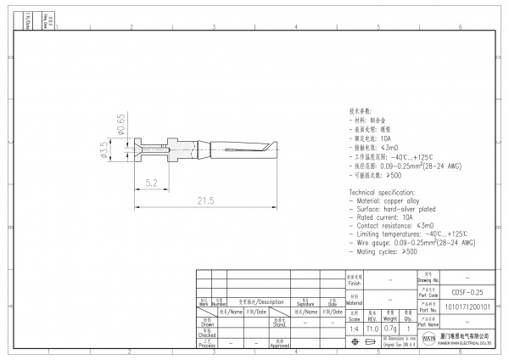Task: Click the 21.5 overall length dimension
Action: pos(205,200)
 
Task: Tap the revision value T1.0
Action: pos(372,329)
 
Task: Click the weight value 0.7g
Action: pos(390,329)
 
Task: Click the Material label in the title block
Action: pos(355,302)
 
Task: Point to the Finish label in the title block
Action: pos(355,281)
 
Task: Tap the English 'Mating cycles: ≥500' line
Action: pos(386,251)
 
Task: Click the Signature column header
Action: pos(305,301)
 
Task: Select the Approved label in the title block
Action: pos(280,346)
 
